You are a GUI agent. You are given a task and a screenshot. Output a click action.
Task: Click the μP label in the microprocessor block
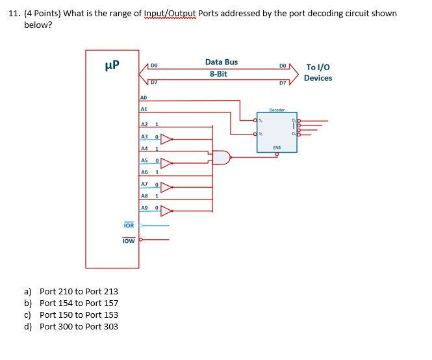click(x=112, y=66)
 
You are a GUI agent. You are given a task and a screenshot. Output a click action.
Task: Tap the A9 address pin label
click(x=145, y=207)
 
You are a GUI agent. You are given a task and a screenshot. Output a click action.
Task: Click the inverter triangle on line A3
click(x=166, y=138)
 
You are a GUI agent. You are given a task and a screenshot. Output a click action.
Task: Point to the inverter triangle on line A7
click(x=166, y=188)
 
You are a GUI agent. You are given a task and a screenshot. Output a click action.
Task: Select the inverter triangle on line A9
click(x=166, y=210)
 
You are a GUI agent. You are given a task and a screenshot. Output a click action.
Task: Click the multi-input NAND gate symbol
click(x=221, y=158)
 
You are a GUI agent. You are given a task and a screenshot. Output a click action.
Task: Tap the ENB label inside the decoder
click(x=276, y=148)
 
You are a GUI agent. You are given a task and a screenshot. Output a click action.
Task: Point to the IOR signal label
click(x=129, y=225)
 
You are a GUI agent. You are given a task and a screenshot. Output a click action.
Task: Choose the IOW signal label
click(x=129, y=240)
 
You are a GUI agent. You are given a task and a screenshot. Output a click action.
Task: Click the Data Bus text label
click(x=221, y=62)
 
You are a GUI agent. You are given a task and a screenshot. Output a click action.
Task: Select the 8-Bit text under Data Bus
click(x=218, y=74)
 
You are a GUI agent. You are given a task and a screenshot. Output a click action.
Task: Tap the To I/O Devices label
click(x=318, y=72)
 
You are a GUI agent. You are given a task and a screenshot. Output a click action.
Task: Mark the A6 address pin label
click(x=145, y=172)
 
